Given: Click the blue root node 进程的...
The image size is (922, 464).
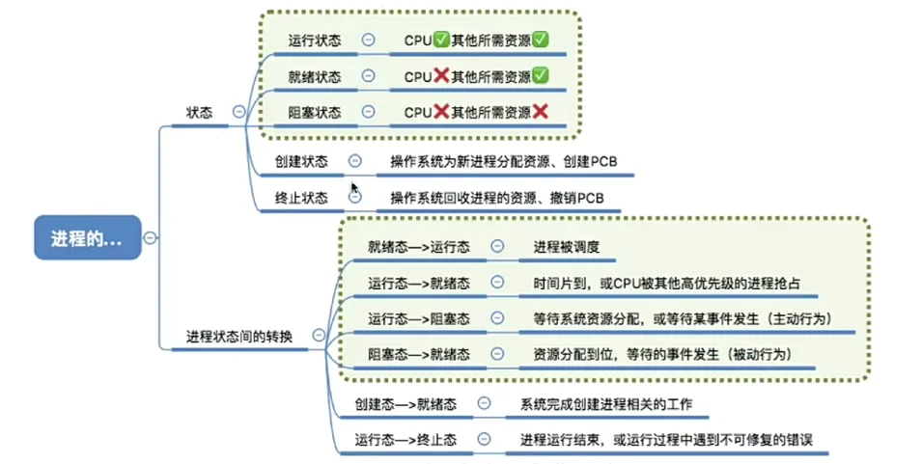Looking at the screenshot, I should click(x=88, y=237).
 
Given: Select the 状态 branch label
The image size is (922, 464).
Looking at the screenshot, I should click(x=200, y=112).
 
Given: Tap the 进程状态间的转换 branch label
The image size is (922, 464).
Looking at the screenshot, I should click(x=240, y=336).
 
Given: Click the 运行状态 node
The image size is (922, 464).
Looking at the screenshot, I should click(x=315, y=41).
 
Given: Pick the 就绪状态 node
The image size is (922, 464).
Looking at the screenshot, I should click(x=315, y=76).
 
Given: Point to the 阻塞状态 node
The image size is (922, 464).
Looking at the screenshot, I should click(x=315, y=113).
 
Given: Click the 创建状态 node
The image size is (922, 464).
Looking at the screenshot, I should click(x=301, y=161).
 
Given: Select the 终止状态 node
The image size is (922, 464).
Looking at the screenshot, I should click(x=301, y=198).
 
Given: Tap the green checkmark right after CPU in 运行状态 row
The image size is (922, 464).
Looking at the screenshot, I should click(x=441, y=41).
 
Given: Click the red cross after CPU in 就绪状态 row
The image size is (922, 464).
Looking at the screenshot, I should click(x=441, y=76).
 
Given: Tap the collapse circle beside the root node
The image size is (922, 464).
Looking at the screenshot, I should click(x=152, y=237).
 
